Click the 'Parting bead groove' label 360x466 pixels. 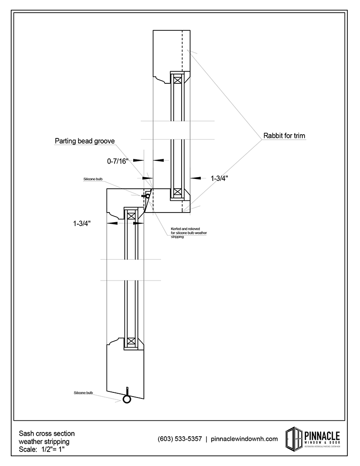tap(85, 140)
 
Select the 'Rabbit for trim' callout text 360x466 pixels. tap(284, 136)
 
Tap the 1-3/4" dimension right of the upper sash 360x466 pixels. tap(219, 178)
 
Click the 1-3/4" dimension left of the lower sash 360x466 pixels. tap(82, 223)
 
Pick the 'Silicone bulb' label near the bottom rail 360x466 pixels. tap(83, 393)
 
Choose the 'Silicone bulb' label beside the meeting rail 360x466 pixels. tap(93, 179)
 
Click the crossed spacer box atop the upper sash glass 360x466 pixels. tap(177, 80)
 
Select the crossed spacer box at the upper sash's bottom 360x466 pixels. tap(177, 192)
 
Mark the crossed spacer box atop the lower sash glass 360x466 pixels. tap(131, 216)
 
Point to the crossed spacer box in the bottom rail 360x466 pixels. tap(131, 341)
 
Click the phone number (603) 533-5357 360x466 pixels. tap(180, 439)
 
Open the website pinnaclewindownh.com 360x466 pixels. tap(245, 439)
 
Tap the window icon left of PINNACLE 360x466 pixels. tap(293, 438)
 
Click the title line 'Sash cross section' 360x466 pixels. tap(47, 433)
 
